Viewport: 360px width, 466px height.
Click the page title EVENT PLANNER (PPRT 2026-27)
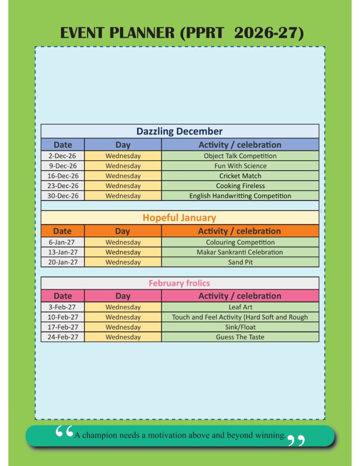coord(182,33)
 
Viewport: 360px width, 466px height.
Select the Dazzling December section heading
coord(179,132)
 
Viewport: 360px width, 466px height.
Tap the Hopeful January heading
coord(179,218)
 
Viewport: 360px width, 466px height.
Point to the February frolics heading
coord(179,283)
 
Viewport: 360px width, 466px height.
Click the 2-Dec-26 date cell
coord(62,156)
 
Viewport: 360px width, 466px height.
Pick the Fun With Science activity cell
coord(240,166)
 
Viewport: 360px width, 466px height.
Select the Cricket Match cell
coord(240,176)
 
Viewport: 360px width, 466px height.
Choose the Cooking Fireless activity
coord(240,186)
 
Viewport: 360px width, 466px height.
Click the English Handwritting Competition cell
coord(240,196)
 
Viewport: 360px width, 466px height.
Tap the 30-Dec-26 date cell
coord(62,196)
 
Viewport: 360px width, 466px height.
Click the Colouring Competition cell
coord(240,242)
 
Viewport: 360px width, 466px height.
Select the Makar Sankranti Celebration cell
coord(240,252)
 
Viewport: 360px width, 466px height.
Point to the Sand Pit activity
coord(240,262)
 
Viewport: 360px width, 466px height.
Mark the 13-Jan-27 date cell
coord(62,252)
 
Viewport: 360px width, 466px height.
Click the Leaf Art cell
coord(240,307)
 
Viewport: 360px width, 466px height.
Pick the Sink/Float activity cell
coord(240,327)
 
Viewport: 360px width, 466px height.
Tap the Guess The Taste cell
coord(240,337)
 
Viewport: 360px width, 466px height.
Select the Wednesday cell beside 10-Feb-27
coord(123,317)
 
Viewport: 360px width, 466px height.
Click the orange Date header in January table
coord(62,231)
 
